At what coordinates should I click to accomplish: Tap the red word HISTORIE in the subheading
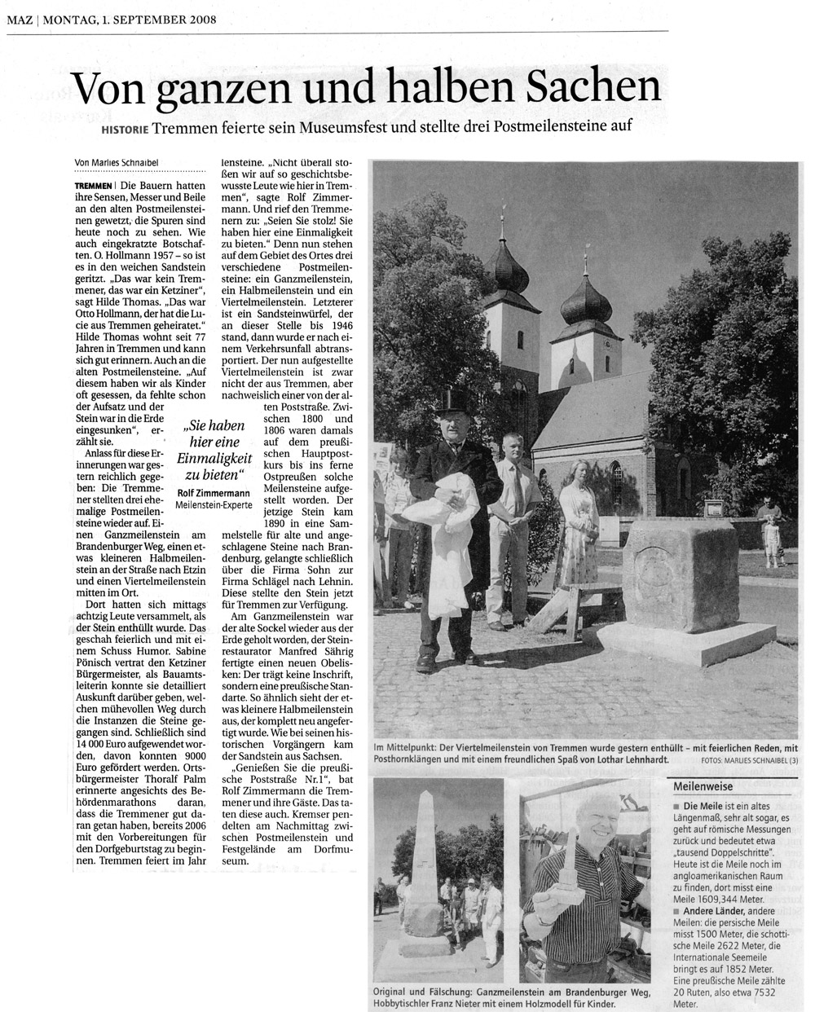[126, 130]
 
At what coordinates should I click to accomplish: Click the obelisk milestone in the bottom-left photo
[426, 872]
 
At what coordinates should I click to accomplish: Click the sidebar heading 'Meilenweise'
[703, 788]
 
